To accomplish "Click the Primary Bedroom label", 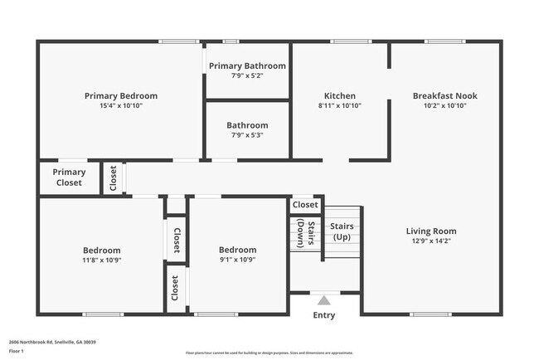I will click(121, 96).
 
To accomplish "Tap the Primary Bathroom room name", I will click(247, 66).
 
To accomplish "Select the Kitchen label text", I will click(340, 96).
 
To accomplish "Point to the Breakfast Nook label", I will click(445, 96).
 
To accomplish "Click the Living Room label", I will click(431, 231).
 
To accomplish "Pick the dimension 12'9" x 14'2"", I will click(431, 241).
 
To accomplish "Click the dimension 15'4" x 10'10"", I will click(121, 106).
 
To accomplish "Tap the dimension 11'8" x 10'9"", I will click(102, 260).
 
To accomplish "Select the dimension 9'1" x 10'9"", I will click(237, 260).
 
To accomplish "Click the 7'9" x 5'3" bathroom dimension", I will click(247, 135).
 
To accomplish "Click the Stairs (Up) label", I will click(342, 231).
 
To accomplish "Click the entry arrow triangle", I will click(324, 299).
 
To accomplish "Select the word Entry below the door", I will click(324, 315).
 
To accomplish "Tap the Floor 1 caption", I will click(16, 351).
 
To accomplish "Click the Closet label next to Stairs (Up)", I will click(305, 204).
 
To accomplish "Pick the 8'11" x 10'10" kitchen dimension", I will click(340, 106).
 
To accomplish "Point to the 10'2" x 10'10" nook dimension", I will click(445, 106).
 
